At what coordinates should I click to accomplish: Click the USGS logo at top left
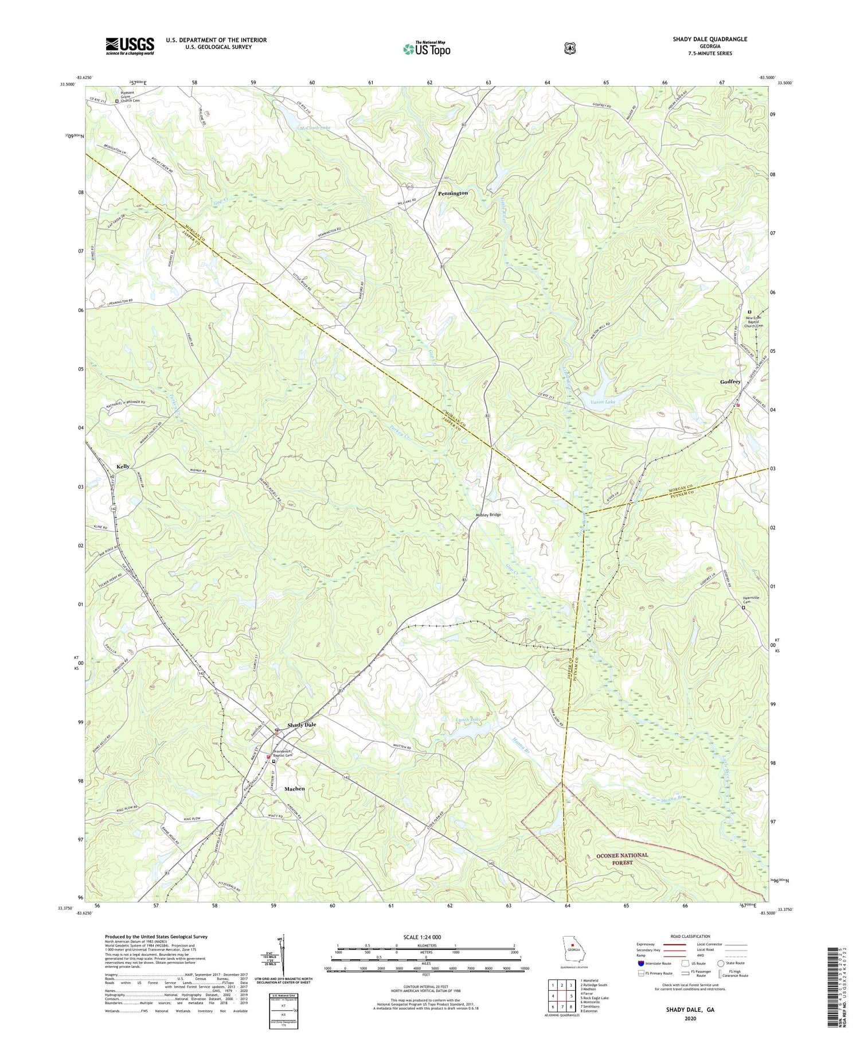pos(130,46)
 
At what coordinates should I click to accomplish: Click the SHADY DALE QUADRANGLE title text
pos(710,39)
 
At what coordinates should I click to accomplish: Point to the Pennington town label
pos(452,193)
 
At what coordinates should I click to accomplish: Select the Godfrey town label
pos(730,381)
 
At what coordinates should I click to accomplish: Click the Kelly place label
pos(123,467)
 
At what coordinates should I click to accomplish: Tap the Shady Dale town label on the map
pos(302,725)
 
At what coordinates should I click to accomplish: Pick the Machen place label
pos(295,789)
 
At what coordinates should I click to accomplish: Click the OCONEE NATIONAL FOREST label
pos(622,859)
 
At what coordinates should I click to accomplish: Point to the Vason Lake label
pos(602,402)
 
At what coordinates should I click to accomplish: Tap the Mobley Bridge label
pos(488,515)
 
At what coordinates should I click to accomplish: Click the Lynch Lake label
pos(469,719)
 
